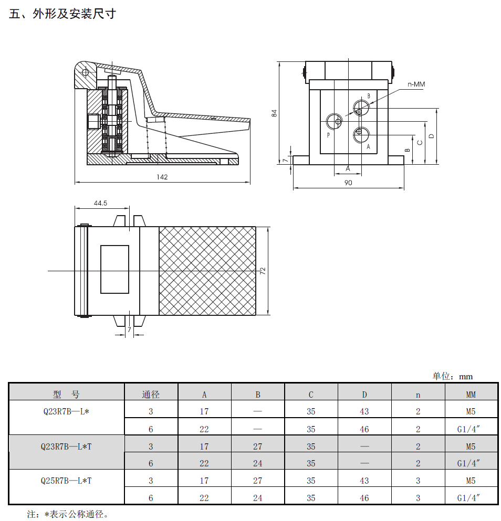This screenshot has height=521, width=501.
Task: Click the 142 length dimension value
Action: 162,177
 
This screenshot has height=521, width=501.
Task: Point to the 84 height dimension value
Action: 274,113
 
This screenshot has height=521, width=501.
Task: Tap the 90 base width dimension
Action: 348,183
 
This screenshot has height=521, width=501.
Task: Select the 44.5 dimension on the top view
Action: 100,203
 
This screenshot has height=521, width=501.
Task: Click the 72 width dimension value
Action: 263,271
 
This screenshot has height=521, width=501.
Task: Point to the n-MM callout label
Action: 416,84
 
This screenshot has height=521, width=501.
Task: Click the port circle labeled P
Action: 335,122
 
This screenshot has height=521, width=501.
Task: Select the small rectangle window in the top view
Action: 115,270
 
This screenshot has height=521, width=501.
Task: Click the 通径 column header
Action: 151,395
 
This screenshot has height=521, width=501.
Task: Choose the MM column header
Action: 471,395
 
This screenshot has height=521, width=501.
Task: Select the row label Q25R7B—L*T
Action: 66,481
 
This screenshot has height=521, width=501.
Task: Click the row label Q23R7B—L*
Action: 66,411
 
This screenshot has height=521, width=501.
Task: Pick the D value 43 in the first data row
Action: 364,411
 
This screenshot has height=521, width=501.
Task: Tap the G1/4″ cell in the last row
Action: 469,497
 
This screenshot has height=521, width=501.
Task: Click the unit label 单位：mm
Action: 453,377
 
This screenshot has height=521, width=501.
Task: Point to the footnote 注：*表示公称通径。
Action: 68,514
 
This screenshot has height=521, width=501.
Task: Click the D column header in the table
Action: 364,395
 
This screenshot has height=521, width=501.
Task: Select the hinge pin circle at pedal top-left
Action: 85,72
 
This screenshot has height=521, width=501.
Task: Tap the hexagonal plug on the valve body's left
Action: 93,122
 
